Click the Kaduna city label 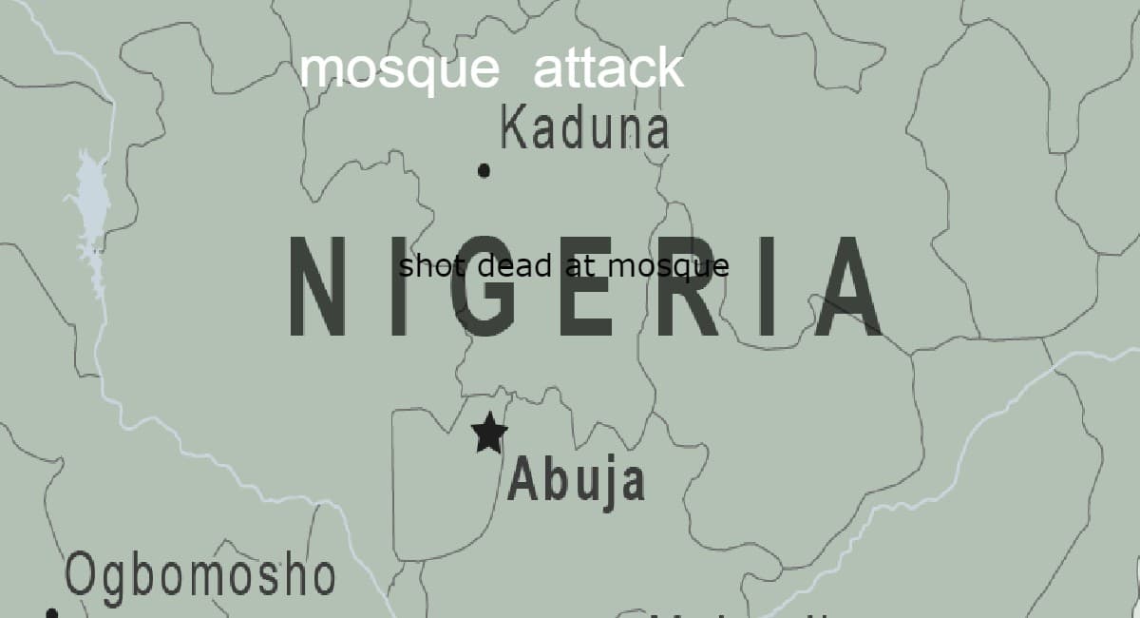click(584, 128)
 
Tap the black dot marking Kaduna click(484, 171)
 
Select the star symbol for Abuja click(489, 433)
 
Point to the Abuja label click(576, 480)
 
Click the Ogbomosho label click(200, 575)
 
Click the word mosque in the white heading click(399, 69)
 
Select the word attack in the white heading click(608, 69)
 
